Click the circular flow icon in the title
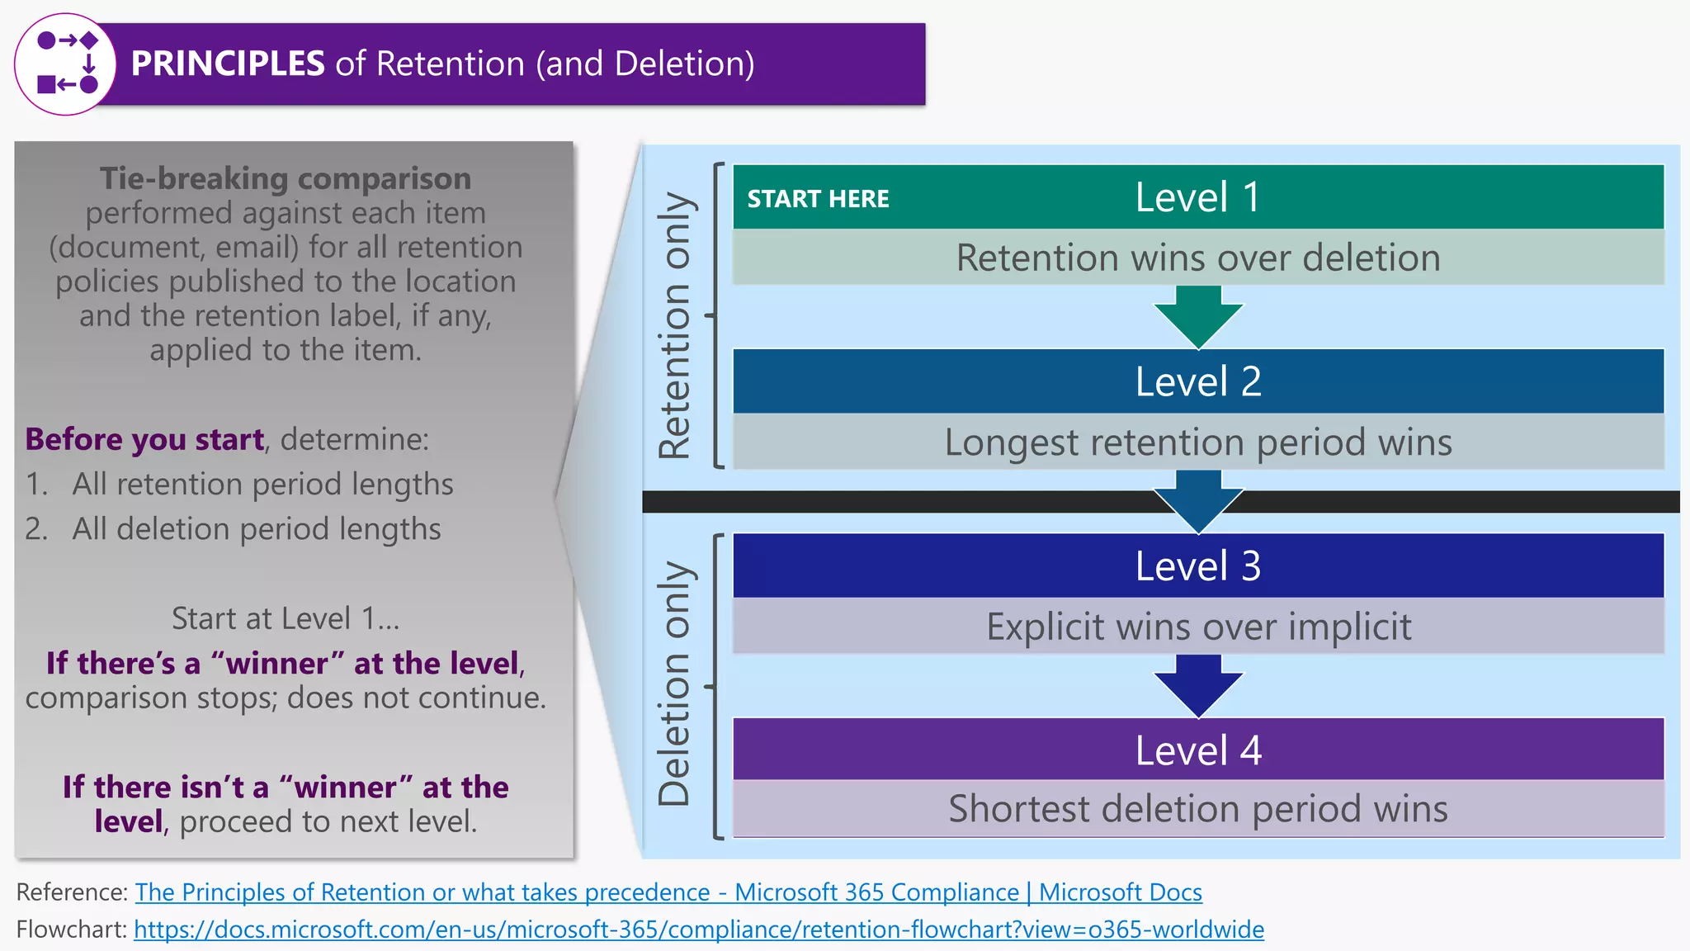(66, 64)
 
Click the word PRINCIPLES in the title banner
(228, 64)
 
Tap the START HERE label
(818, 199)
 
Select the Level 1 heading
(1197, 197)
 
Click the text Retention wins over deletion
(1197, 258)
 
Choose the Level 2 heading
(1197, 381)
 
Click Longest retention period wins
(1197, 442)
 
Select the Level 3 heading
(1197, 566)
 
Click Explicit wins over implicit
(1197, 627)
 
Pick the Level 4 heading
(1197, 750)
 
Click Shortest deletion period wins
(1197, 809)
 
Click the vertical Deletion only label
(674, 684)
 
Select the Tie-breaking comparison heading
(285, 178)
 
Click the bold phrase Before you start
(144, 439)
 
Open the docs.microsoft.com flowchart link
(698, 930)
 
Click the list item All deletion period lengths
(256, 529)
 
